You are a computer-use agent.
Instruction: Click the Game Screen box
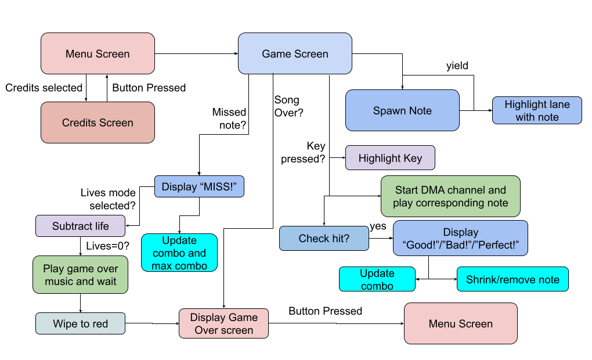tap(295, 53)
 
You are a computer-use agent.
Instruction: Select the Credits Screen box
tap(98, 123)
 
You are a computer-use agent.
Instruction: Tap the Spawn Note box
tap(402, 110)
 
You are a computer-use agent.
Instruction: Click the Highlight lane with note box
tap(537, 110)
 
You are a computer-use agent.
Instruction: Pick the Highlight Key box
tap(390, 158)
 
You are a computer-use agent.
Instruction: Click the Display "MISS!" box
tap(199, 186)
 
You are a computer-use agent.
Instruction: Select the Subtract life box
tap(81, 226)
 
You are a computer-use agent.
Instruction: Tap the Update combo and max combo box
tap(179, 253)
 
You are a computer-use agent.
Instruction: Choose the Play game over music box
tap(81, 275)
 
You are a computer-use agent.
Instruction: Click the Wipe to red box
tap(81, 323)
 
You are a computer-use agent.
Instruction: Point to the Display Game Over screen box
tap(224, 323)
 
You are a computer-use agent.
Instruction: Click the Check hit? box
tap(324, 239)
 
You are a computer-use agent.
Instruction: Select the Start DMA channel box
tap(450, 196)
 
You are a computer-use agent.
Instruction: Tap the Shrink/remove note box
tap(512, 279)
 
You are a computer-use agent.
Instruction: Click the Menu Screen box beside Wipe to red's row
tap(461, 323)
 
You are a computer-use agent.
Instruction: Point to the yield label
tap(457, 66)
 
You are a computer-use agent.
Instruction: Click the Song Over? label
tap(288, 106)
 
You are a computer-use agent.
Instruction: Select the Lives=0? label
tap(107, 246)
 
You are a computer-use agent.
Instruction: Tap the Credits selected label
tap(44, 88)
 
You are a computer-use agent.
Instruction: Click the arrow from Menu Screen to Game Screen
tap(196, 53)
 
